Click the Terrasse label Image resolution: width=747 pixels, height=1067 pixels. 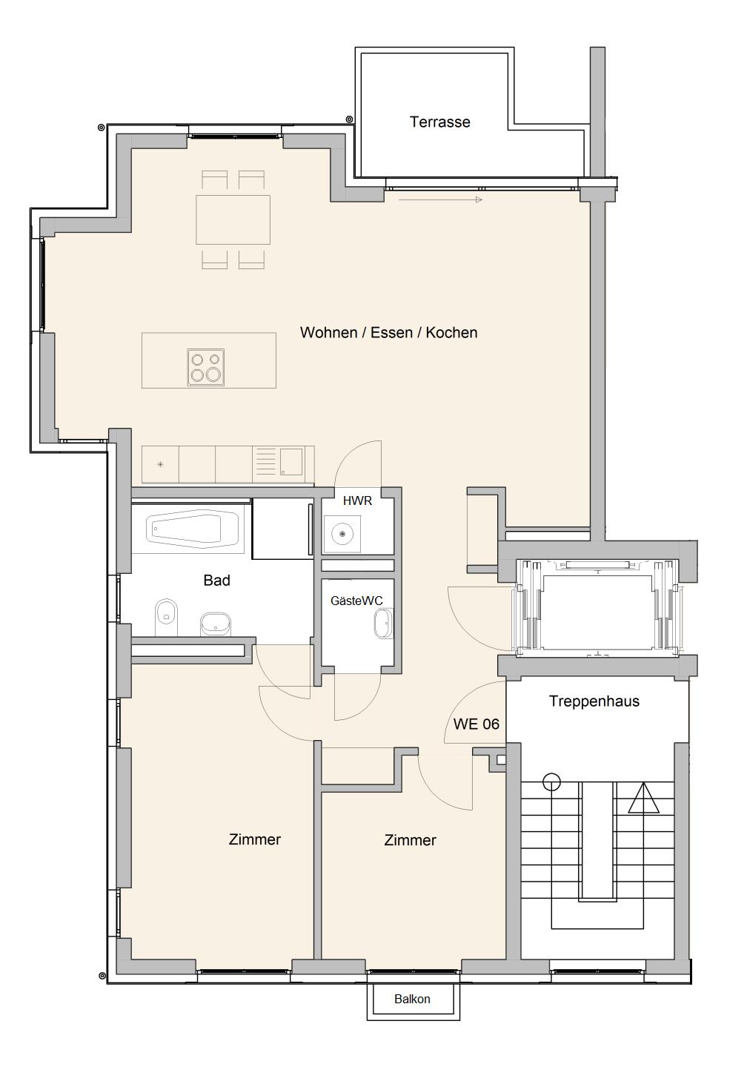440,122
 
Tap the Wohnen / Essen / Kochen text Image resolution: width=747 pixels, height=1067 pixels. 388,332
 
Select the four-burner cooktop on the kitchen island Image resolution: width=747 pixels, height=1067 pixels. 206,367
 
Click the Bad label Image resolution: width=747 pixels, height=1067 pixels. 216,580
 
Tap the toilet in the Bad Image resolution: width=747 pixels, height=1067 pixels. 166,618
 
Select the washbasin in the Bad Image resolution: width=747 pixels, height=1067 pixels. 216,624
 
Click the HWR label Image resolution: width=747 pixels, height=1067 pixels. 357,501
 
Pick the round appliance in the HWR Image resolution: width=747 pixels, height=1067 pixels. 342,534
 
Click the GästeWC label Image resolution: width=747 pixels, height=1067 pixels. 356,601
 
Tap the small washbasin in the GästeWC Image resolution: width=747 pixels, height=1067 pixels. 384,624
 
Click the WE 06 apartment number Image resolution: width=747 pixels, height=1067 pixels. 476,724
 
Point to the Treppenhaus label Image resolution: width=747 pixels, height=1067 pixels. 594,701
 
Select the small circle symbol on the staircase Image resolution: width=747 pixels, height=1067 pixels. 551,782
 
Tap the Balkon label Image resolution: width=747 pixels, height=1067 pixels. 412,999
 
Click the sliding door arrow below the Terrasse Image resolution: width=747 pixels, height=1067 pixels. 440,199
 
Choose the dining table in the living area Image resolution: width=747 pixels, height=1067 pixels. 233,219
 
